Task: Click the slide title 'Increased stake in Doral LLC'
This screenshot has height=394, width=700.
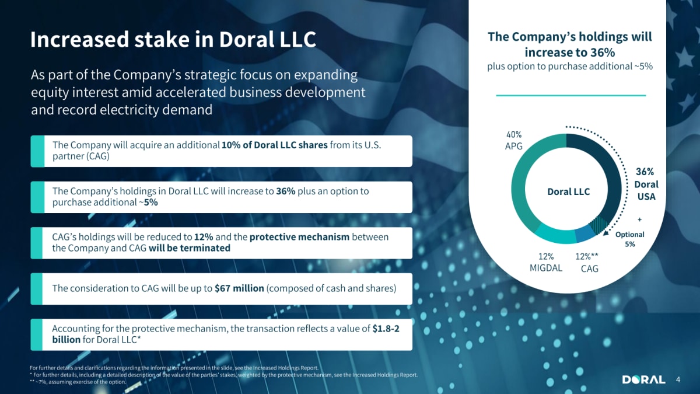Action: pos(173,40)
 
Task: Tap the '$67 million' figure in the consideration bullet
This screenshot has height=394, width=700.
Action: pos(239,288)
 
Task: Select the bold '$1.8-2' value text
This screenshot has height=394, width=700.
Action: pos(386,328)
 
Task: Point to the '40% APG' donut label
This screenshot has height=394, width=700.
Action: pos(514,141)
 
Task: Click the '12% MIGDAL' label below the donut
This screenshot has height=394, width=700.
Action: pos(546,262)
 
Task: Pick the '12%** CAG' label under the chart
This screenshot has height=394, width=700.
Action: pos(587,263)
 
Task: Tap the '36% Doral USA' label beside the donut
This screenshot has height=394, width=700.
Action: pos(646,184)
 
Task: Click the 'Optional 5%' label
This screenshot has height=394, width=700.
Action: pos(629,239)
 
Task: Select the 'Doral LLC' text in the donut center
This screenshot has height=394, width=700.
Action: pos(568,191)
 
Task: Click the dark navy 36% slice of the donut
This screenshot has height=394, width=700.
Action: pos(611,169)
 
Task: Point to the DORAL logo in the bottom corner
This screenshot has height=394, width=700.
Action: pos(644,379)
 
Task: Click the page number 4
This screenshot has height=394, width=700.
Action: pos(678,379)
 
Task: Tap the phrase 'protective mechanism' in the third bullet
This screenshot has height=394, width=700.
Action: pos(299,237)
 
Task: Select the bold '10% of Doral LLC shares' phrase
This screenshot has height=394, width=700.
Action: pos(274,145)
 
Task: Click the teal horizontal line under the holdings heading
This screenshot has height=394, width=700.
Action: pos(571,95)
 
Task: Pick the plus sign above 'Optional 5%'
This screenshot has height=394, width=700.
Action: pos(640,219)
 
